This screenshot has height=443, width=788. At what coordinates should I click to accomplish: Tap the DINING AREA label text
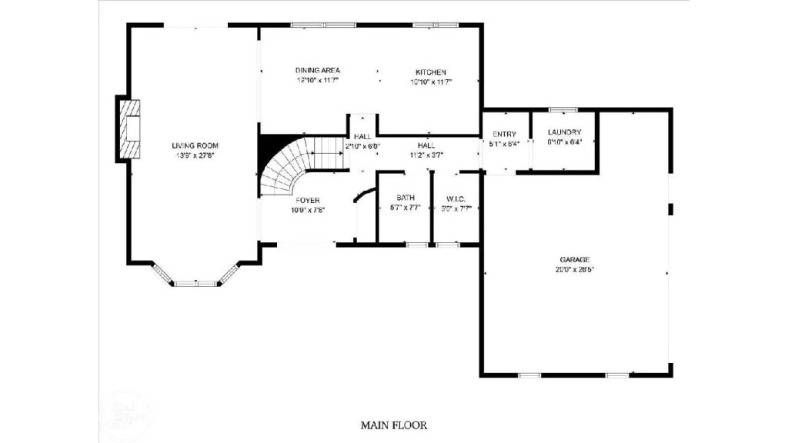pos(318,71)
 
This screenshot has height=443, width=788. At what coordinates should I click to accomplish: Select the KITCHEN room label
pos(431,72)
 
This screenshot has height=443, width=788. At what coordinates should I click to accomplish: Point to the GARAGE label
pos(575,260)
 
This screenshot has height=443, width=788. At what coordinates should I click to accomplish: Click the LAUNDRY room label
pos(564,132)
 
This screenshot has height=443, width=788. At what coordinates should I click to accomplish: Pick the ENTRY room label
pos(504,135)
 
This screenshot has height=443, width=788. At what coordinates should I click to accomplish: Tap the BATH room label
pos(406,198)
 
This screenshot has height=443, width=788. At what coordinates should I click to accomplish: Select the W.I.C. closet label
pos(456,198)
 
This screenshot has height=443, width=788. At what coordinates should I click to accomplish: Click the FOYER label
pos(307,201)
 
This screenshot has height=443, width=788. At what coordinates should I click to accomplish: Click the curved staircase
pos(289,165)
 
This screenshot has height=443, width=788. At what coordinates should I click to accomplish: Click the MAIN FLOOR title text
pos(393,425)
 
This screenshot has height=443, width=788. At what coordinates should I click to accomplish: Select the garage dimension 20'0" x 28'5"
pos(575,270)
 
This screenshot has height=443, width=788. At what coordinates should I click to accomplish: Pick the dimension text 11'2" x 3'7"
pos(426,155)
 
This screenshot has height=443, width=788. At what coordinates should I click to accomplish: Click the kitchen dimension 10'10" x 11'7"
pos(431,81)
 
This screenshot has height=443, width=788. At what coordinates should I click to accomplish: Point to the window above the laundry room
pos(563,109)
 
